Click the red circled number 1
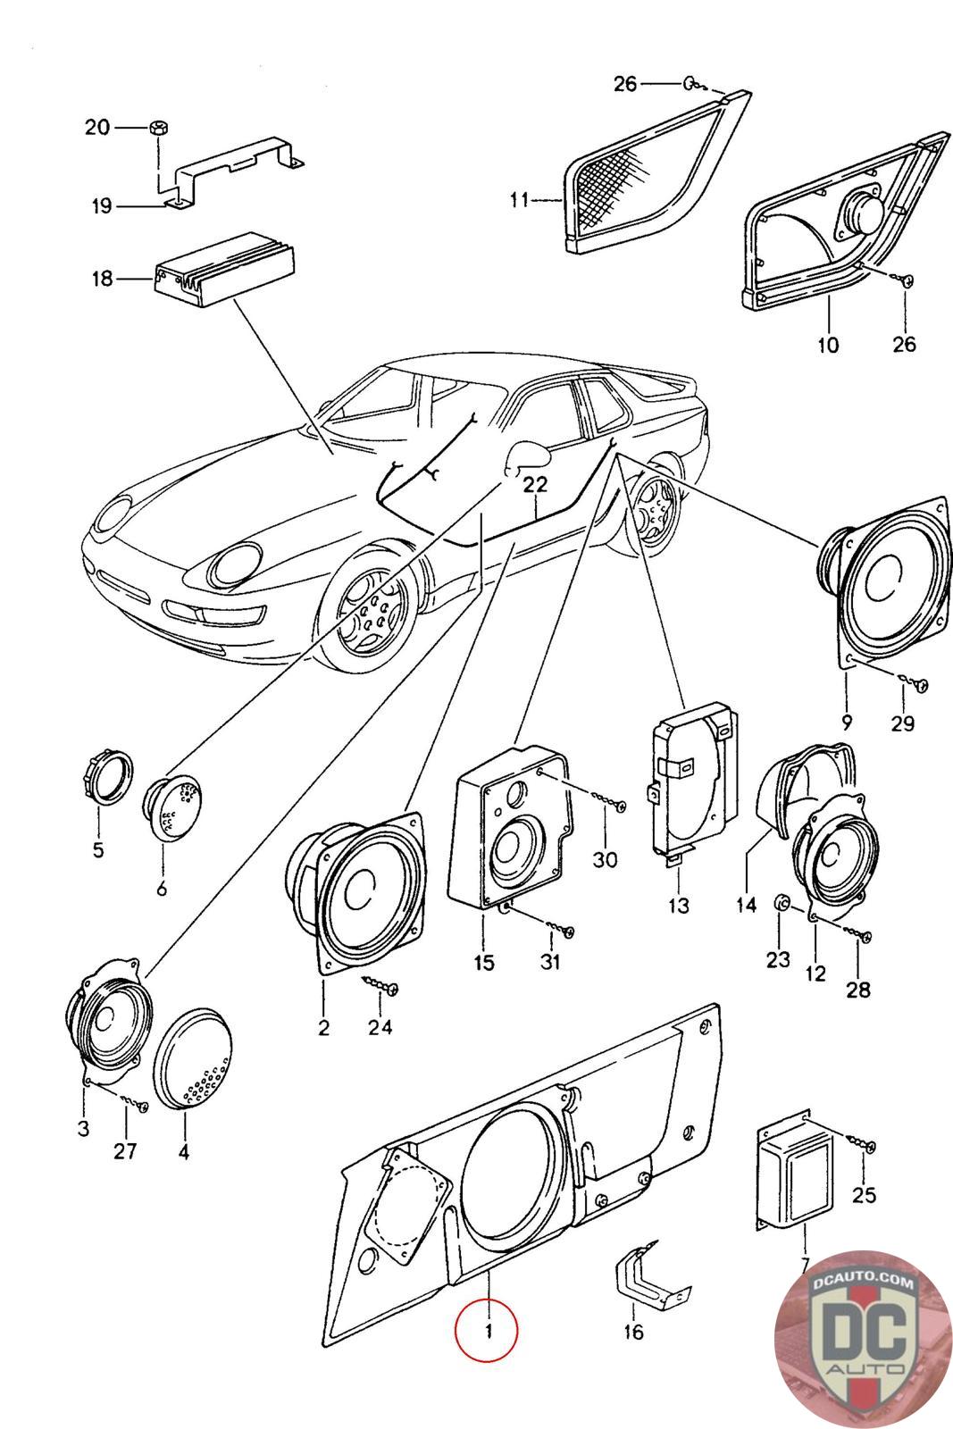(487, 1331)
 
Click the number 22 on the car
(534, 484)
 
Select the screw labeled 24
(382, 985)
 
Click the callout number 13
(679, 905)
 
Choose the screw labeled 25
(863, 1144)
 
